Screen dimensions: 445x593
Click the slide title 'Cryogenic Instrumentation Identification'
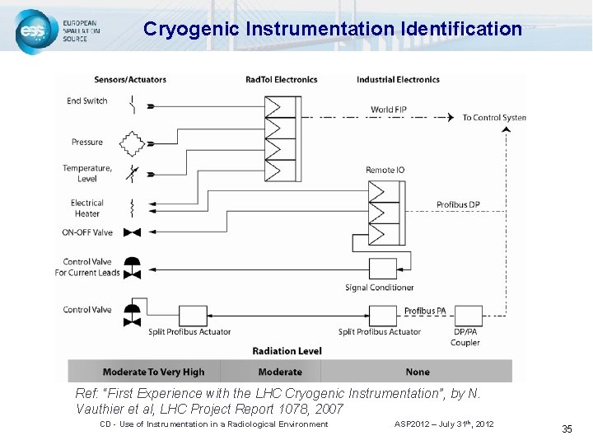[x=332, y=29]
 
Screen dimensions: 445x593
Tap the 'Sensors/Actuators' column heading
[x=130, y=80]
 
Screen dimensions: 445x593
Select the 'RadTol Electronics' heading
[x=281, y=80]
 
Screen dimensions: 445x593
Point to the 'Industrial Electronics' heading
[x=398, y=80]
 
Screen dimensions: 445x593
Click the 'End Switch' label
[x=87, y=101]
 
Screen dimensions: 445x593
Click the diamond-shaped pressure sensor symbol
[x=132, y=143]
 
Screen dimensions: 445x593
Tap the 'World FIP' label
[x=388, y=110]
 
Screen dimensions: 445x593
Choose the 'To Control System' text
[x=494, y=118]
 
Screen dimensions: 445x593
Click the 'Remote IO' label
[x=385, y=171]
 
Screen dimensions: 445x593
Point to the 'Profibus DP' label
[x=458, y=205]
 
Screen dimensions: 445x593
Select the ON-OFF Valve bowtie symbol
[x=131, y=232]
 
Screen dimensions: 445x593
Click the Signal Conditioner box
[x=381, y=268]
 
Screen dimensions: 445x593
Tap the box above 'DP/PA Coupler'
[x=468, y=316]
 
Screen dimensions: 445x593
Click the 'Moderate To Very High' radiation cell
[x=153, y=372]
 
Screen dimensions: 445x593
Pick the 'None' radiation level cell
[x=417, y=372]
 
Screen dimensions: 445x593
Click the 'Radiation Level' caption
[x=287, y=351]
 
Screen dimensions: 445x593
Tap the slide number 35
[x=567, y=429]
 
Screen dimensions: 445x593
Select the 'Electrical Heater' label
[x=87, y=208]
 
